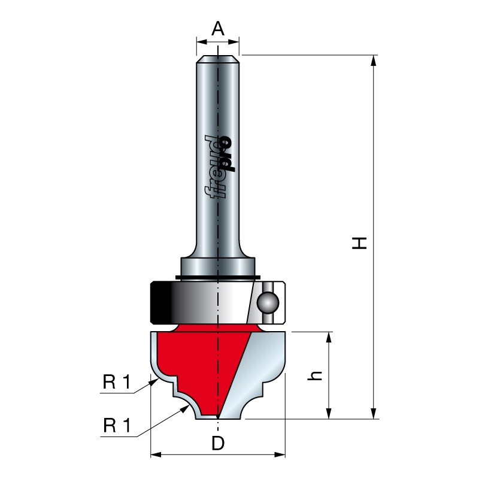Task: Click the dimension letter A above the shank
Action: (x=218, y=29)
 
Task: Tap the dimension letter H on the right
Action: (x=359, y=243)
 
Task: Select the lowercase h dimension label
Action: (x=315, y=376)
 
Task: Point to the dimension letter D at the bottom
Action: (x=218, y=443)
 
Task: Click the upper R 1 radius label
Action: (x=117, y=382)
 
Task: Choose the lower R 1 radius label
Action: (x=117, y=425)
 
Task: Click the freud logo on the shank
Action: (x=219, y=167)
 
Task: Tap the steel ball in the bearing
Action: (x=268, y=303)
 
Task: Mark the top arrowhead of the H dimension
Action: (x=373, y=60)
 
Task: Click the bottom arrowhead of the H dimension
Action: (x=373, y=413)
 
